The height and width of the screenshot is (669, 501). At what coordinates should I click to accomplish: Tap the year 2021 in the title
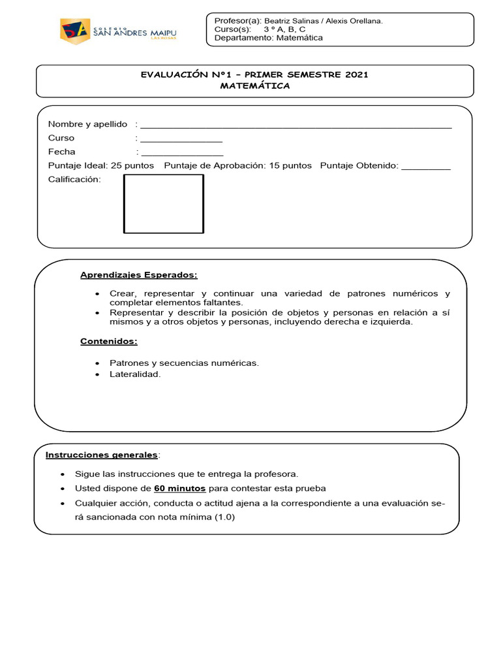[354, 74]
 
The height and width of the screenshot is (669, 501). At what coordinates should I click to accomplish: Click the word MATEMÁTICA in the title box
[254, 86]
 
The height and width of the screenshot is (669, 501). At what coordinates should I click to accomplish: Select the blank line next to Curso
[181, 140]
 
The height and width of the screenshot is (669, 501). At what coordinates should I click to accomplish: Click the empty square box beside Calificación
[164, 204]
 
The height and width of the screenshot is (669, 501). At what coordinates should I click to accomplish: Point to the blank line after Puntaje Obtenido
[425, 169]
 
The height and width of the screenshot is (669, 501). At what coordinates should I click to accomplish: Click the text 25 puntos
[132, 166]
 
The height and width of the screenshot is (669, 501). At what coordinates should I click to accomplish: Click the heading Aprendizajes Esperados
[138, 275]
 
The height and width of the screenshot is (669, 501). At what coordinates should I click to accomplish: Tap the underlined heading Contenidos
[109, 342]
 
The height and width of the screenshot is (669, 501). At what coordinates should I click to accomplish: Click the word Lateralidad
[134, 374]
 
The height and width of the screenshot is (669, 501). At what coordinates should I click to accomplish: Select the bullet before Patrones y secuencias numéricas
[97, 363]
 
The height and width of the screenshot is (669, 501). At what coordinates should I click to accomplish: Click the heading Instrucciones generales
[101, 455]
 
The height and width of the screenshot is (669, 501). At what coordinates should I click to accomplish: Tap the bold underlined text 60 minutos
[180, 489]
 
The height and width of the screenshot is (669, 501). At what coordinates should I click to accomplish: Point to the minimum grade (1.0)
[223, 517]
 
